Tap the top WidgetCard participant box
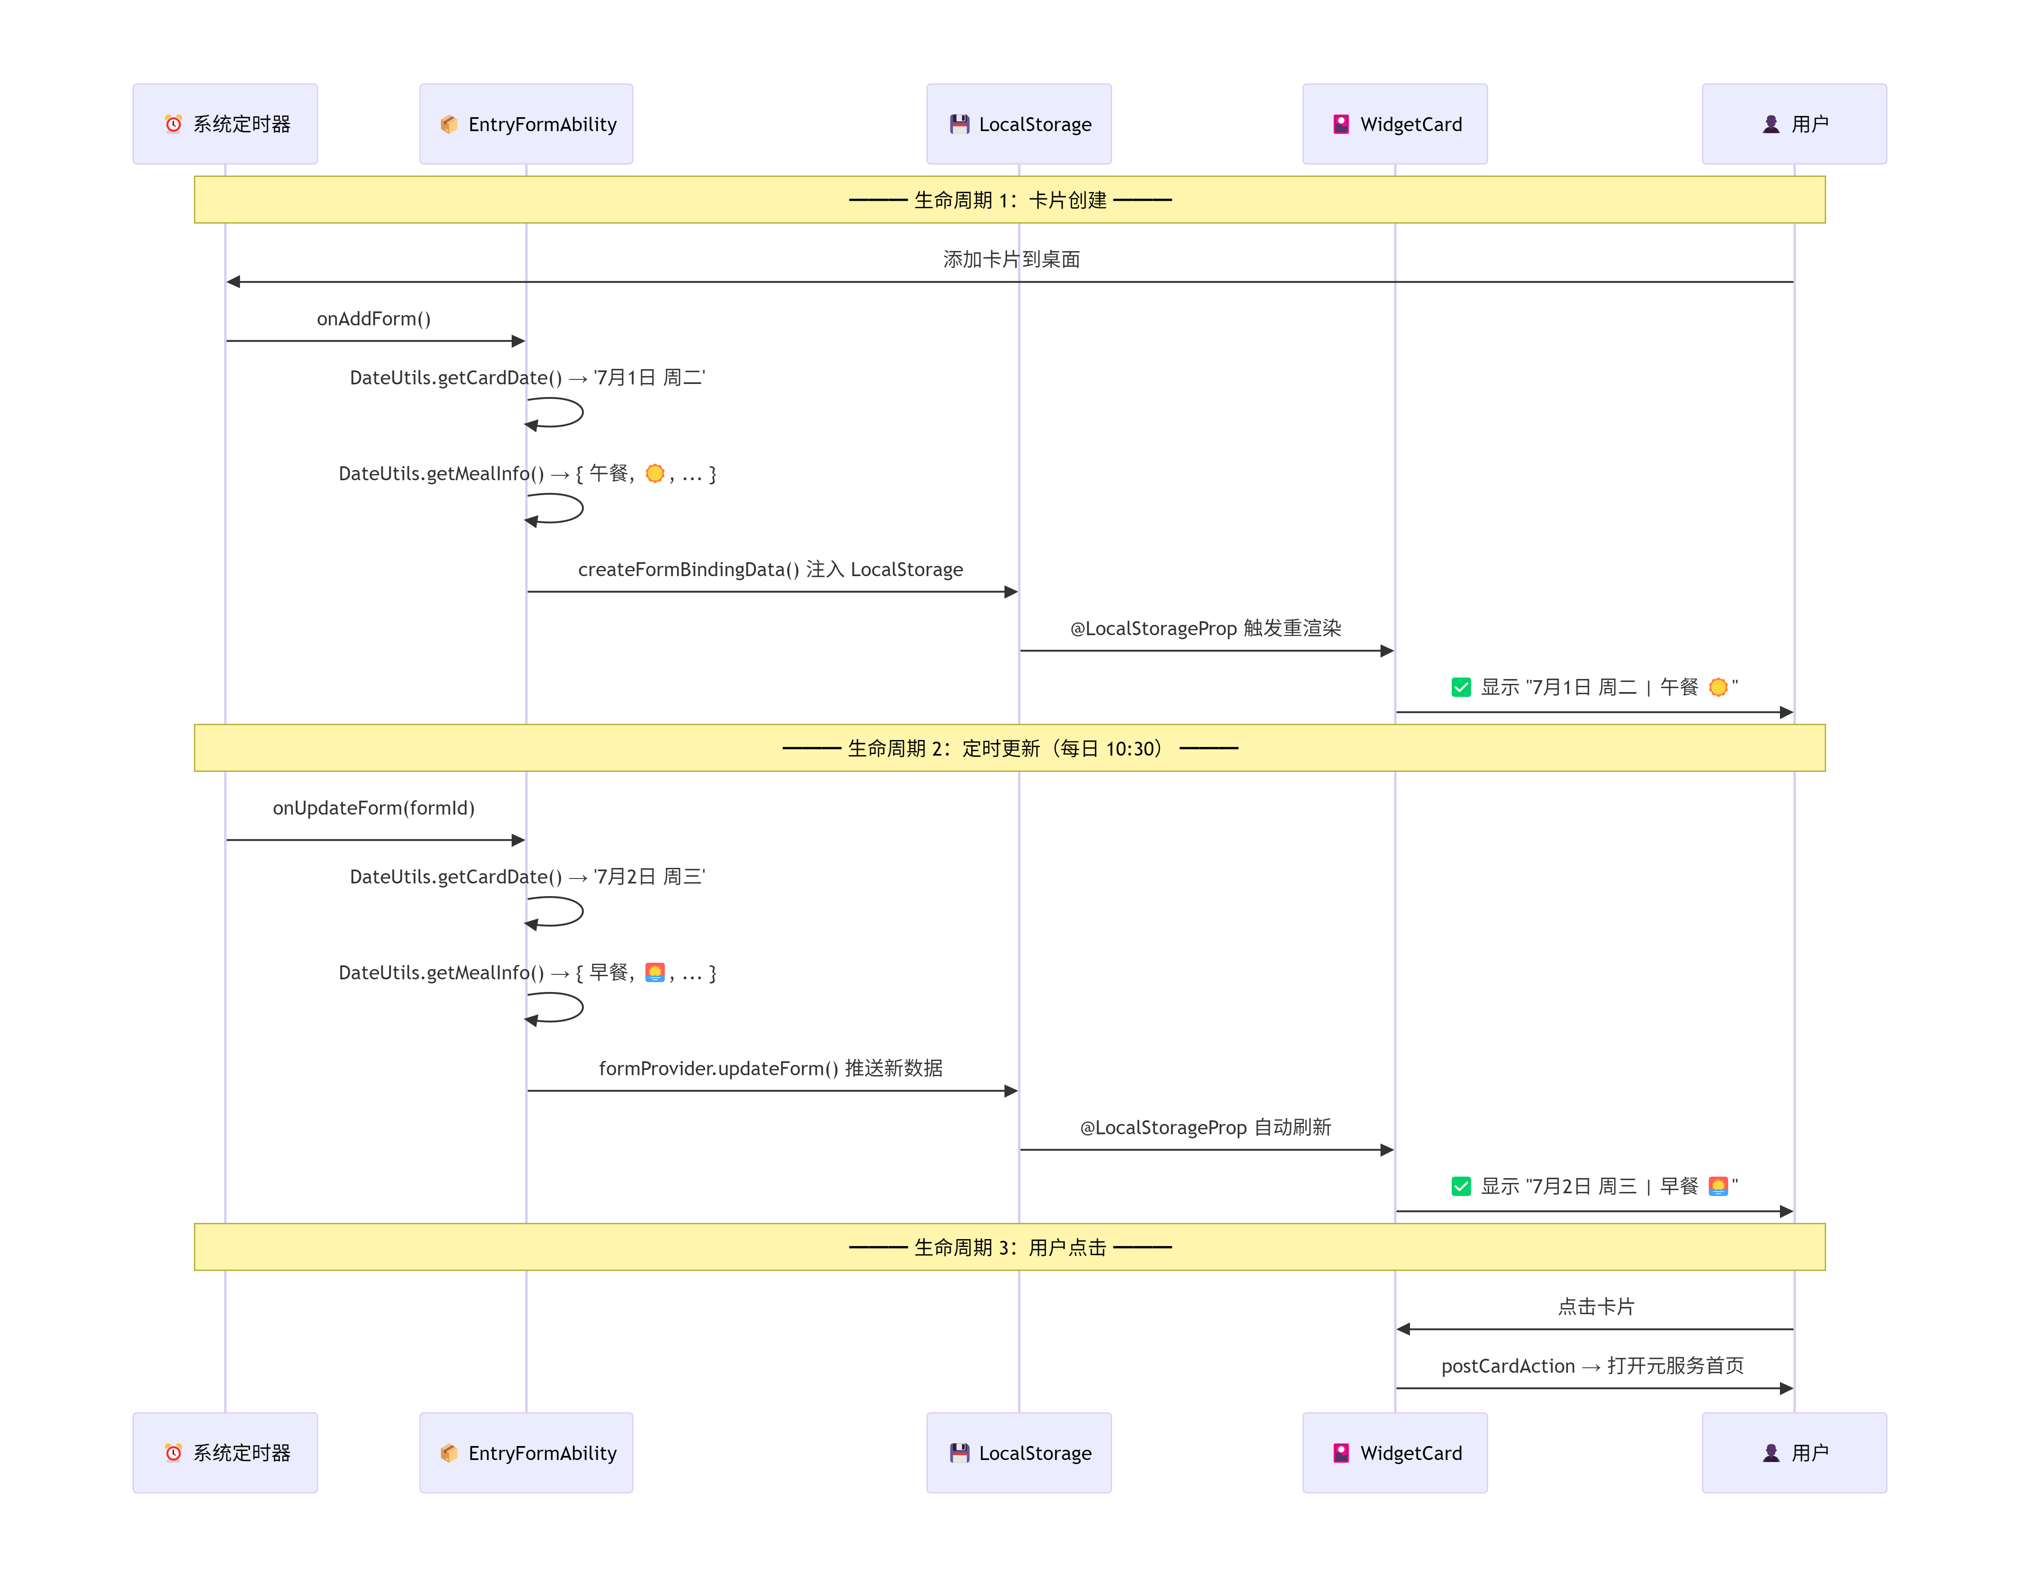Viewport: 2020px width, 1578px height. pyautogui.click(x=1395, y=124)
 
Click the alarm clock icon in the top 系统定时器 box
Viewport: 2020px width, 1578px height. pyautogui.click(x=173, y=124)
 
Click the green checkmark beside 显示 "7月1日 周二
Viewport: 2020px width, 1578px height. pyautogui.click(x=1461, y=687)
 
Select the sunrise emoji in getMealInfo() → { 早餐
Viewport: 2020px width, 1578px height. pyautogui.click(x=655, y=972)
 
